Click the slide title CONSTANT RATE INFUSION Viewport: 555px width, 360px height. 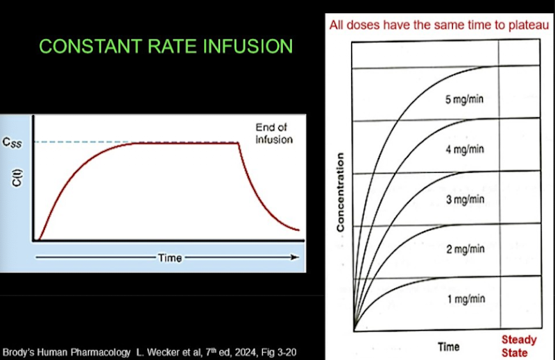coord(166,47)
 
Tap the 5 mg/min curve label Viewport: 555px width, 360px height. coord(464,98)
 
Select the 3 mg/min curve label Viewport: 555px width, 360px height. coord(464,200)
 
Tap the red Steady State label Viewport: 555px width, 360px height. coord(519,345)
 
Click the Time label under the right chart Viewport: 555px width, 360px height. coord(448,345)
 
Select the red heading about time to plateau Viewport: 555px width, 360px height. coord(440,25)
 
